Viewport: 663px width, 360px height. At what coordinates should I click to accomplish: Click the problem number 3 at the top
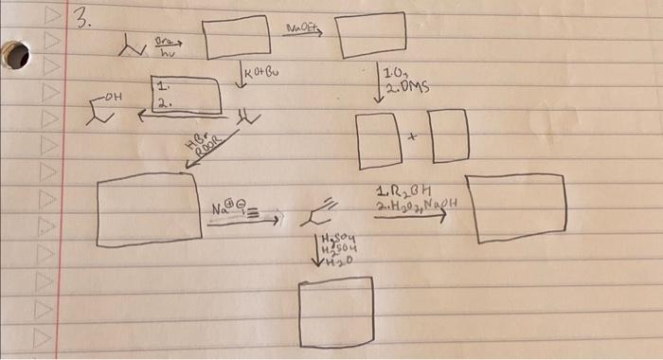pos(83,22)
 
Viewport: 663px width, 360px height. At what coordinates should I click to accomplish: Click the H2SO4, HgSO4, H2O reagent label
pos(335,250)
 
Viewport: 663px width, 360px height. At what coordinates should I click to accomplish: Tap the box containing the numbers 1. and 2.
pos(185,98)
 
